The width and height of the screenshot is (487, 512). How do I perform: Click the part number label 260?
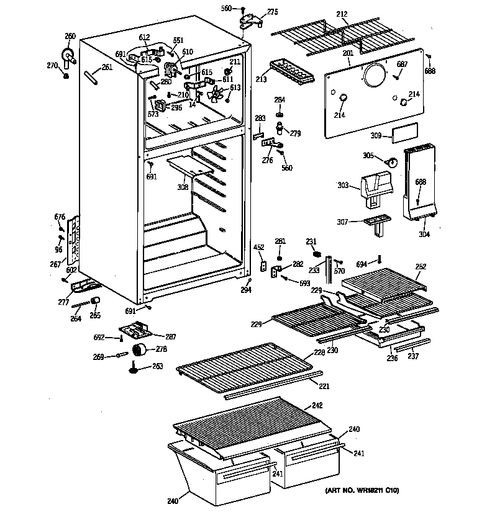pyautogui.click(x=70, y=35)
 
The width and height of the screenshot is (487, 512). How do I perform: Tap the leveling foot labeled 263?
pyautogui.click(x=136, y=370)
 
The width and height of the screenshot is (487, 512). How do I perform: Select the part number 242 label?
pyautogui.click(x=317, y=406)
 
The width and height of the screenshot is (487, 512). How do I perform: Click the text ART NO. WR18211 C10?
pyautogui.click(x=363, y=491)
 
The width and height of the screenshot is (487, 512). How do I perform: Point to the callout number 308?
pyautogui.click(x=182, y=186)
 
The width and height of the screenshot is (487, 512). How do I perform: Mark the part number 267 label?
pyautogui.click(x=56, y=264)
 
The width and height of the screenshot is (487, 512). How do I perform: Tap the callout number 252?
pyautogui.click(x=421, y=266)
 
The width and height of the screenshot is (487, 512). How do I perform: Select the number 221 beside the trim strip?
pyautogui.click(x=324, y=386)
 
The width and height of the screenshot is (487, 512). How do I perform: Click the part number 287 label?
pyautogui.click(x=170, y=337)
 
